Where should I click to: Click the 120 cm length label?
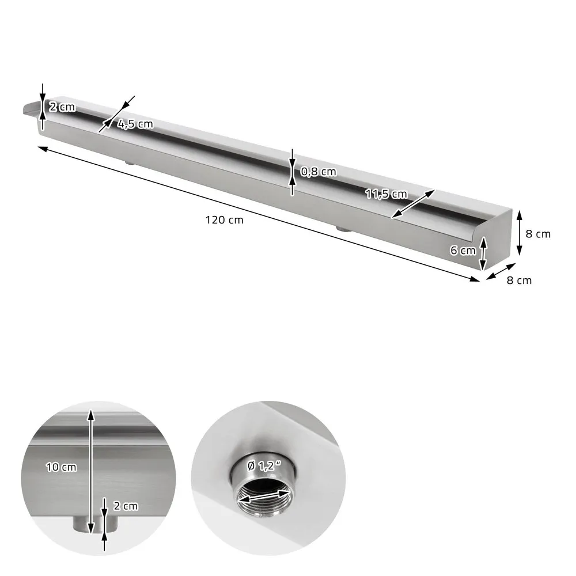pyautogui.click(x=224, y=219)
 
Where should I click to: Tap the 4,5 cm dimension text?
pyautogui.click(x=135, y=124)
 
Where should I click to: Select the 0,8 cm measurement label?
pyautogui.click(x=319, y=171)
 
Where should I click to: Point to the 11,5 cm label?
pyautogui.click(x=385, y=194)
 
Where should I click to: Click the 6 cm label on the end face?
pyautogui.click(x=463, y=250)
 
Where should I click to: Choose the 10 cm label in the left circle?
pyautogui.click(x=61, y=467)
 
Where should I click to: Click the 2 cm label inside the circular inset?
pyautogui.click(x=126, y=506)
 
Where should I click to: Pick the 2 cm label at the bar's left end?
pyautogui.click(x=62, y=107)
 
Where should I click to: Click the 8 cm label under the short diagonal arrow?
pyautogui.click(x=519, y=281)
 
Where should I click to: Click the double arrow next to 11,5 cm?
pyautogui.click(x=413, y=203)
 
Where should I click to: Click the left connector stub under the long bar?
pyautogui.click(x=130, y=163)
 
